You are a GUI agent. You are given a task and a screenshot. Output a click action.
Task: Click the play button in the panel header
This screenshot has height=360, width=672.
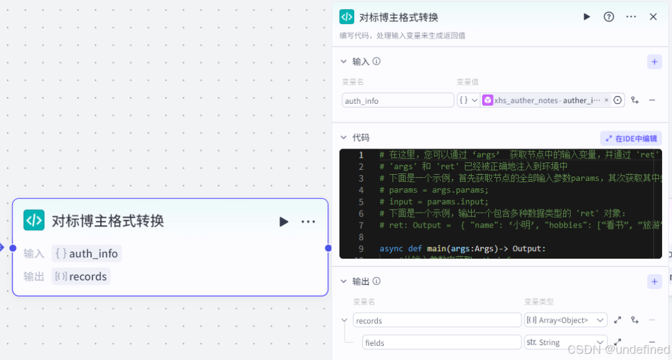[x=587, y=17]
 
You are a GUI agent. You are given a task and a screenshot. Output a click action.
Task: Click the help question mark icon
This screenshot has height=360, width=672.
[x=609, y=17]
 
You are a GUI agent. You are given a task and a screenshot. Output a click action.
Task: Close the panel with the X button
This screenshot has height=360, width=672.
[x=653, y=17]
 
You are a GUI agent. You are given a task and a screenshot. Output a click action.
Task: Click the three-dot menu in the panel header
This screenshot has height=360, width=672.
[x=631, y=17]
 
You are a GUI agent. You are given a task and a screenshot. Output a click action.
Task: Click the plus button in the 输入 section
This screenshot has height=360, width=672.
[x=654, y=62]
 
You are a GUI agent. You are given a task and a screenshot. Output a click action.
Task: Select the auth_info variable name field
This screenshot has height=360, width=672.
[x=398, y=101]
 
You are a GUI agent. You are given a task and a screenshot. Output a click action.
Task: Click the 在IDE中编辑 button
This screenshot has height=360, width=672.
[x=631, y=139]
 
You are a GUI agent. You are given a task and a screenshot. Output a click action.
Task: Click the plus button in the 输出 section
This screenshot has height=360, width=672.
[x=654, y=282]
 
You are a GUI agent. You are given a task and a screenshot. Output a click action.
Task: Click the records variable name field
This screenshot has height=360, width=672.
[x=437, y=320]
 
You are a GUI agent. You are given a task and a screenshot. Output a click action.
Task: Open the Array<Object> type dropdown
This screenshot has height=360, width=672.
[x=566, y=320]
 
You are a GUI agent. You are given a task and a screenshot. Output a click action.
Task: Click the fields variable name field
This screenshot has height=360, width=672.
[x=441, y=342]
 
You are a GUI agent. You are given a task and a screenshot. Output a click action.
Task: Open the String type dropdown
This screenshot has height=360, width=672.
[x=566, y=342]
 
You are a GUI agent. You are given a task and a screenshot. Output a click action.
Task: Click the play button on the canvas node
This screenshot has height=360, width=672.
[x=284, y=222]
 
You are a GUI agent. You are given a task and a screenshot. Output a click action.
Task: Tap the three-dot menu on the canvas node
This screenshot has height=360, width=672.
[x=308, y=222]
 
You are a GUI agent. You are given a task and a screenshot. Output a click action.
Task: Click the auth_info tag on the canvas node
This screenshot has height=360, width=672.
[x=86, y=254]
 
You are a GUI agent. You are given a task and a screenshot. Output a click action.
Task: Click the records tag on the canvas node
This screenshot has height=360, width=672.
[x=81, y=277]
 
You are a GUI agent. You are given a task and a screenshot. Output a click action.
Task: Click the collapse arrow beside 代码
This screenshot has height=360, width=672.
[x=343, y=137]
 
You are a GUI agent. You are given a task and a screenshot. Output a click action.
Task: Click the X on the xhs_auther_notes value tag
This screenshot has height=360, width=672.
[x=606, y=100]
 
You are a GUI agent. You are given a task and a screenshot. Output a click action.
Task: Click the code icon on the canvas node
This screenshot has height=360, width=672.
[x=34, y=220]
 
